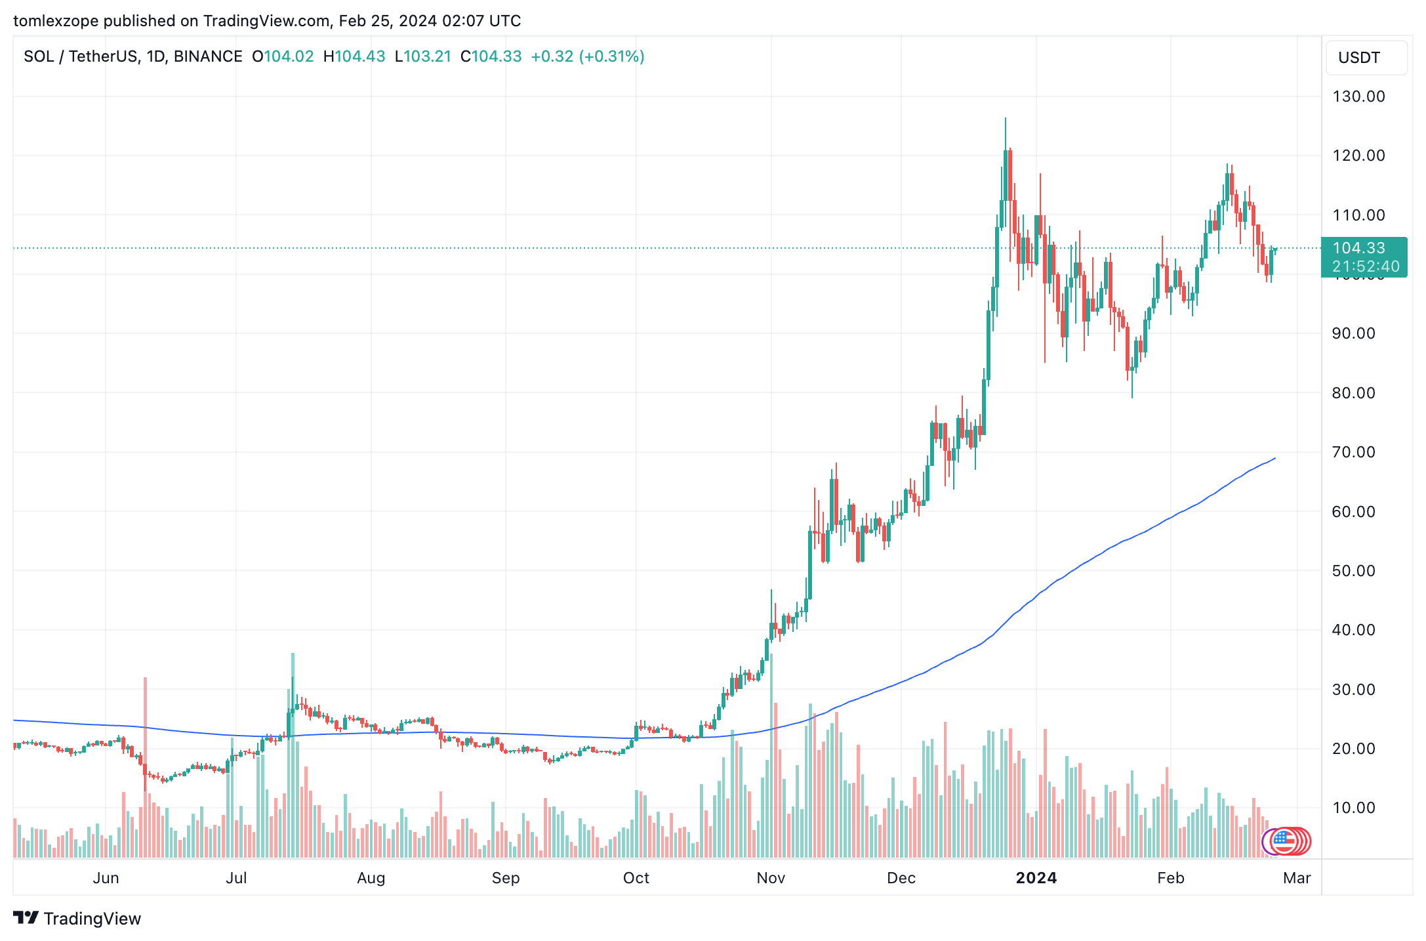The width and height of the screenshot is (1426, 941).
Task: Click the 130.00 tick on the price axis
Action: pos(1358,96)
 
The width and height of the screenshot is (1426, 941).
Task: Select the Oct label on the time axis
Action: pos(636,878)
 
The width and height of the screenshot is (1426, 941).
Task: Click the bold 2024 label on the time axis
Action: pos(1036,878)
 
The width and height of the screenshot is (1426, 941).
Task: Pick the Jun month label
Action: pos(106,878)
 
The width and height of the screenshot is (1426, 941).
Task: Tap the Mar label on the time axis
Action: pos(1297,878)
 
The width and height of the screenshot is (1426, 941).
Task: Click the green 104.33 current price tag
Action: pos(1358,248)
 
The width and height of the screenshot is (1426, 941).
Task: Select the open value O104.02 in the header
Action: pos(283,56)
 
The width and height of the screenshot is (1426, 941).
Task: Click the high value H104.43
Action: pos(354,56)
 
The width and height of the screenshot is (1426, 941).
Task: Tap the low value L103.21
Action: pos(423,56)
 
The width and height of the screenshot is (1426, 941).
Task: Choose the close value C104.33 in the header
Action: pos(491,56)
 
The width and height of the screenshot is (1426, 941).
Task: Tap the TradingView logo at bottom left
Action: pos(77,918)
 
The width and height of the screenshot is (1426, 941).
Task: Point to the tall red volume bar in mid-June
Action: pos(145,768)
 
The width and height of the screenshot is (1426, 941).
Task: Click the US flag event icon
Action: pos(1283,841)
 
